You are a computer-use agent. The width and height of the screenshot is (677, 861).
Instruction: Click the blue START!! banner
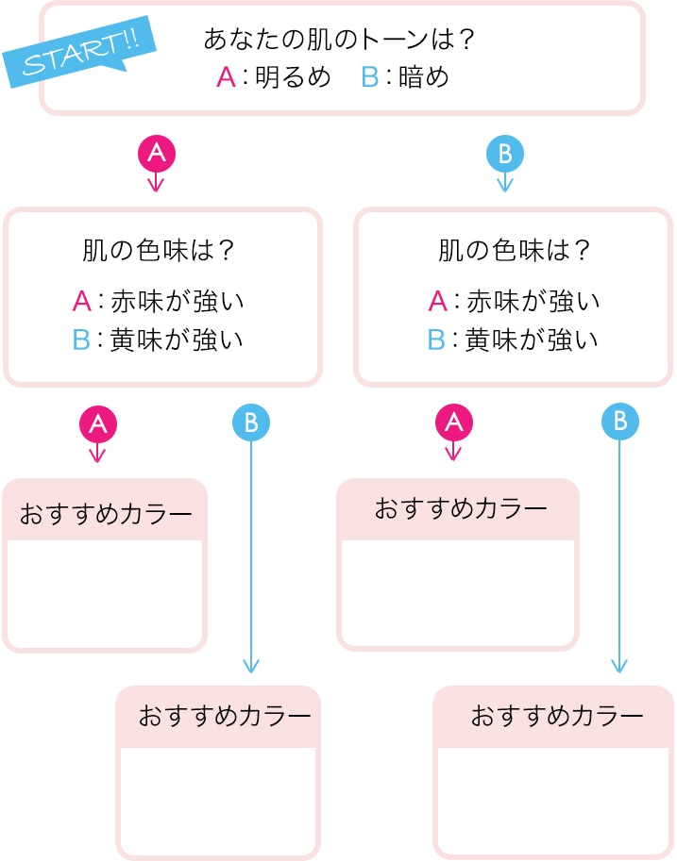pyautogui.click(x=79, y=54)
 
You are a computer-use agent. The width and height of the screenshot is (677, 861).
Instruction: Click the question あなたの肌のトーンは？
pyautogui.click(x=339, y=40)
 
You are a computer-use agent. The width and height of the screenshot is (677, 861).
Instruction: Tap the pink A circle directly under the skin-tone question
pyautogui.click(x=157, y=151)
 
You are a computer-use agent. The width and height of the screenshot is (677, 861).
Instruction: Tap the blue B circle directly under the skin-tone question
pyautogui.click(x=504, y=151)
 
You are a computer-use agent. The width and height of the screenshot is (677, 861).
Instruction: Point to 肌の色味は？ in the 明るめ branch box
pyautogui.click(x=159, y=252)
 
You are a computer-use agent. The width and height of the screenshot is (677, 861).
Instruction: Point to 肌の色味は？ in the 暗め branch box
pyautogui.click(x=514, y=252)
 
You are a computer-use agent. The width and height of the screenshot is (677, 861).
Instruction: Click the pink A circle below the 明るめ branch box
pyautogui.click(x=96, y=424)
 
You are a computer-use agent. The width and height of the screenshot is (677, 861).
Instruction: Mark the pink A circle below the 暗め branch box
pyautogui.click(x=453, y=423)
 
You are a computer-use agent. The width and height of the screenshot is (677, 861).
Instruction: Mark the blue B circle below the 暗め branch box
pyautogui.click(x=619, y=422)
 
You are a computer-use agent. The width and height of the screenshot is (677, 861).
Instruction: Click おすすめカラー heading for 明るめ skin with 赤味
pyautogui.click(x=105, y=515)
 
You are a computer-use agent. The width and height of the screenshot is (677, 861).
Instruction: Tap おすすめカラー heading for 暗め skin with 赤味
pyautogui.click(x=461, y=509)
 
